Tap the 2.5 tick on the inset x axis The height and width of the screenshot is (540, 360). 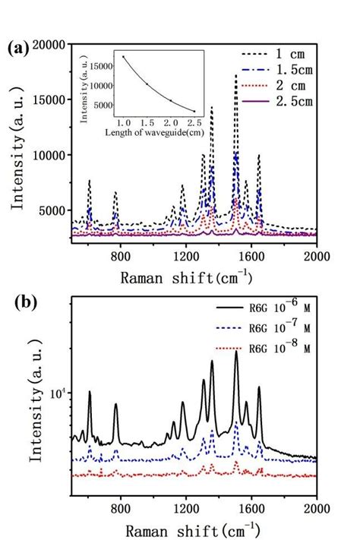point(194,123)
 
